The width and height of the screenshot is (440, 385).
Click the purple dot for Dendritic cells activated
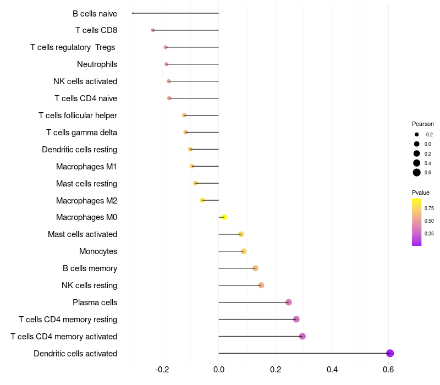click(390, 353)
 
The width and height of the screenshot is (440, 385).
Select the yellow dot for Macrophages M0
click(224, 217)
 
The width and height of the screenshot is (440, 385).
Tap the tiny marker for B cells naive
click(133, 13)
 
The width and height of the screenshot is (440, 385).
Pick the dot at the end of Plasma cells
click(288, 302)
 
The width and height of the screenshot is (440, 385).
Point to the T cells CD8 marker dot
click(153, 30)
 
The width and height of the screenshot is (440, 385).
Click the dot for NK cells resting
click(261, 285)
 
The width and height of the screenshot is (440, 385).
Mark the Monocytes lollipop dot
click(244, 251)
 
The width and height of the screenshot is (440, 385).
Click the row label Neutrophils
click(97, 64)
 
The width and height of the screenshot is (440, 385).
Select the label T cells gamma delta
click(81, 133)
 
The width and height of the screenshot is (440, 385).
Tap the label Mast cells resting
click(87, 184)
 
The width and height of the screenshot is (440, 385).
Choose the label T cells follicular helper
click(78, 116)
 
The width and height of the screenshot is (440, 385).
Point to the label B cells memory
click(90, 268)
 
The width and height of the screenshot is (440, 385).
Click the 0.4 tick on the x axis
click(332, 369)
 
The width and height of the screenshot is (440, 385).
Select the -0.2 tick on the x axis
click(162, 369)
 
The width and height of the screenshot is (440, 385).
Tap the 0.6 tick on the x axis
click(388, 369)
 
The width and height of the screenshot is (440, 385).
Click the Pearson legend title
click(422, 124)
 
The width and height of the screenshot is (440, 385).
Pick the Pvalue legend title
click(421, 193)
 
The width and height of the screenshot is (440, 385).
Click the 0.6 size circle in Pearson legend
click(417, 173)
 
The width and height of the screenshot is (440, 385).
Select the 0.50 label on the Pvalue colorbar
click(429, 221)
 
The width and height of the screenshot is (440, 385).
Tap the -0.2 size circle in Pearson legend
click(417, 134)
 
